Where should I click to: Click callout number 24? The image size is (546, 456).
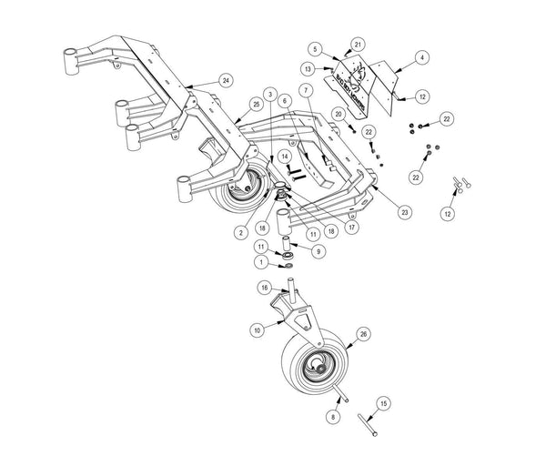(226, 80)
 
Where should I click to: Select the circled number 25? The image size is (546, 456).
(232, 106)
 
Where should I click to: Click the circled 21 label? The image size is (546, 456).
(358, 43)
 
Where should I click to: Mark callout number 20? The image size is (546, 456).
(338, 115)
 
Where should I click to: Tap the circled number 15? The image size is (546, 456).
(383, 401)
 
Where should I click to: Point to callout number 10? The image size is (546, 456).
(257, 329)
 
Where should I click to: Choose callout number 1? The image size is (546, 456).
(262, 261)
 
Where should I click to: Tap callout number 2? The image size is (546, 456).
(239, 233)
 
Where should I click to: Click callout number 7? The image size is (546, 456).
(307, 89)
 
